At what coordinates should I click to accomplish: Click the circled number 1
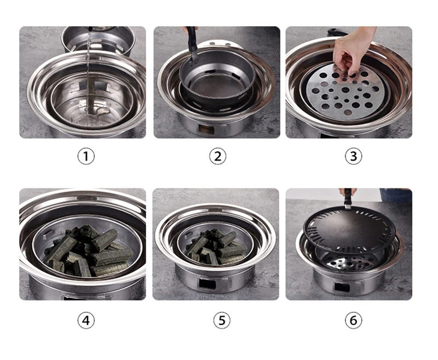click(x=85, y=156)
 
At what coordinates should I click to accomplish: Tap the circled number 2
click(x=217, y=156)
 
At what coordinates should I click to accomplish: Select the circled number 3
click(x=353, y=156)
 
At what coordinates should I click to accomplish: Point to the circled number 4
click(x=85, y=320)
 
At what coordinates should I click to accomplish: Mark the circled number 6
click(x=353, y=320)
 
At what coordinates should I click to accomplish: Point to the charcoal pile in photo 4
click(x=88, y=252)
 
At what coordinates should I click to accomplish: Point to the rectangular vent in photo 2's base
click(x=208, y=130)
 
